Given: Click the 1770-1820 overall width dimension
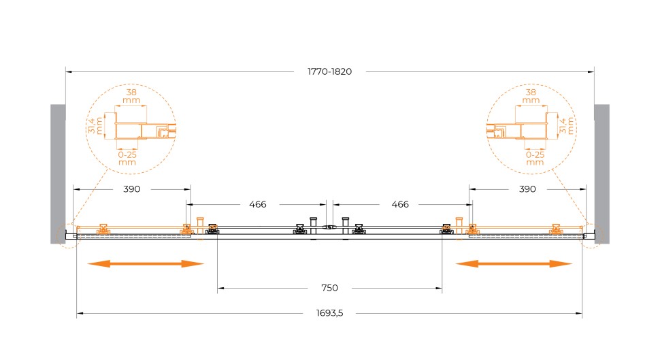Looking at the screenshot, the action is (x=329, y=71).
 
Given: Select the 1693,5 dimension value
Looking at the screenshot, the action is (x=329, y=313).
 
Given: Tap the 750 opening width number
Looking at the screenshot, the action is (x=329, y=288).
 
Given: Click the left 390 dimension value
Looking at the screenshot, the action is (x=132, y=189).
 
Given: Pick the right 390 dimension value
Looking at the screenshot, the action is (x=527, y=189).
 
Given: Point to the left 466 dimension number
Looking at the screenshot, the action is (x=258, y=205).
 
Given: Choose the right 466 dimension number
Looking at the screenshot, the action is (x=400, y=205).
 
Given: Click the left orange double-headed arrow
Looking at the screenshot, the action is (x=146, y=264).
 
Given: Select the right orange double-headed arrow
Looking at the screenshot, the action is (x=514, y=264).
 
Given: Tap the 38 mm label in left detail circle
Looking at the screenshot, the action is (x=131, y=97).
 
